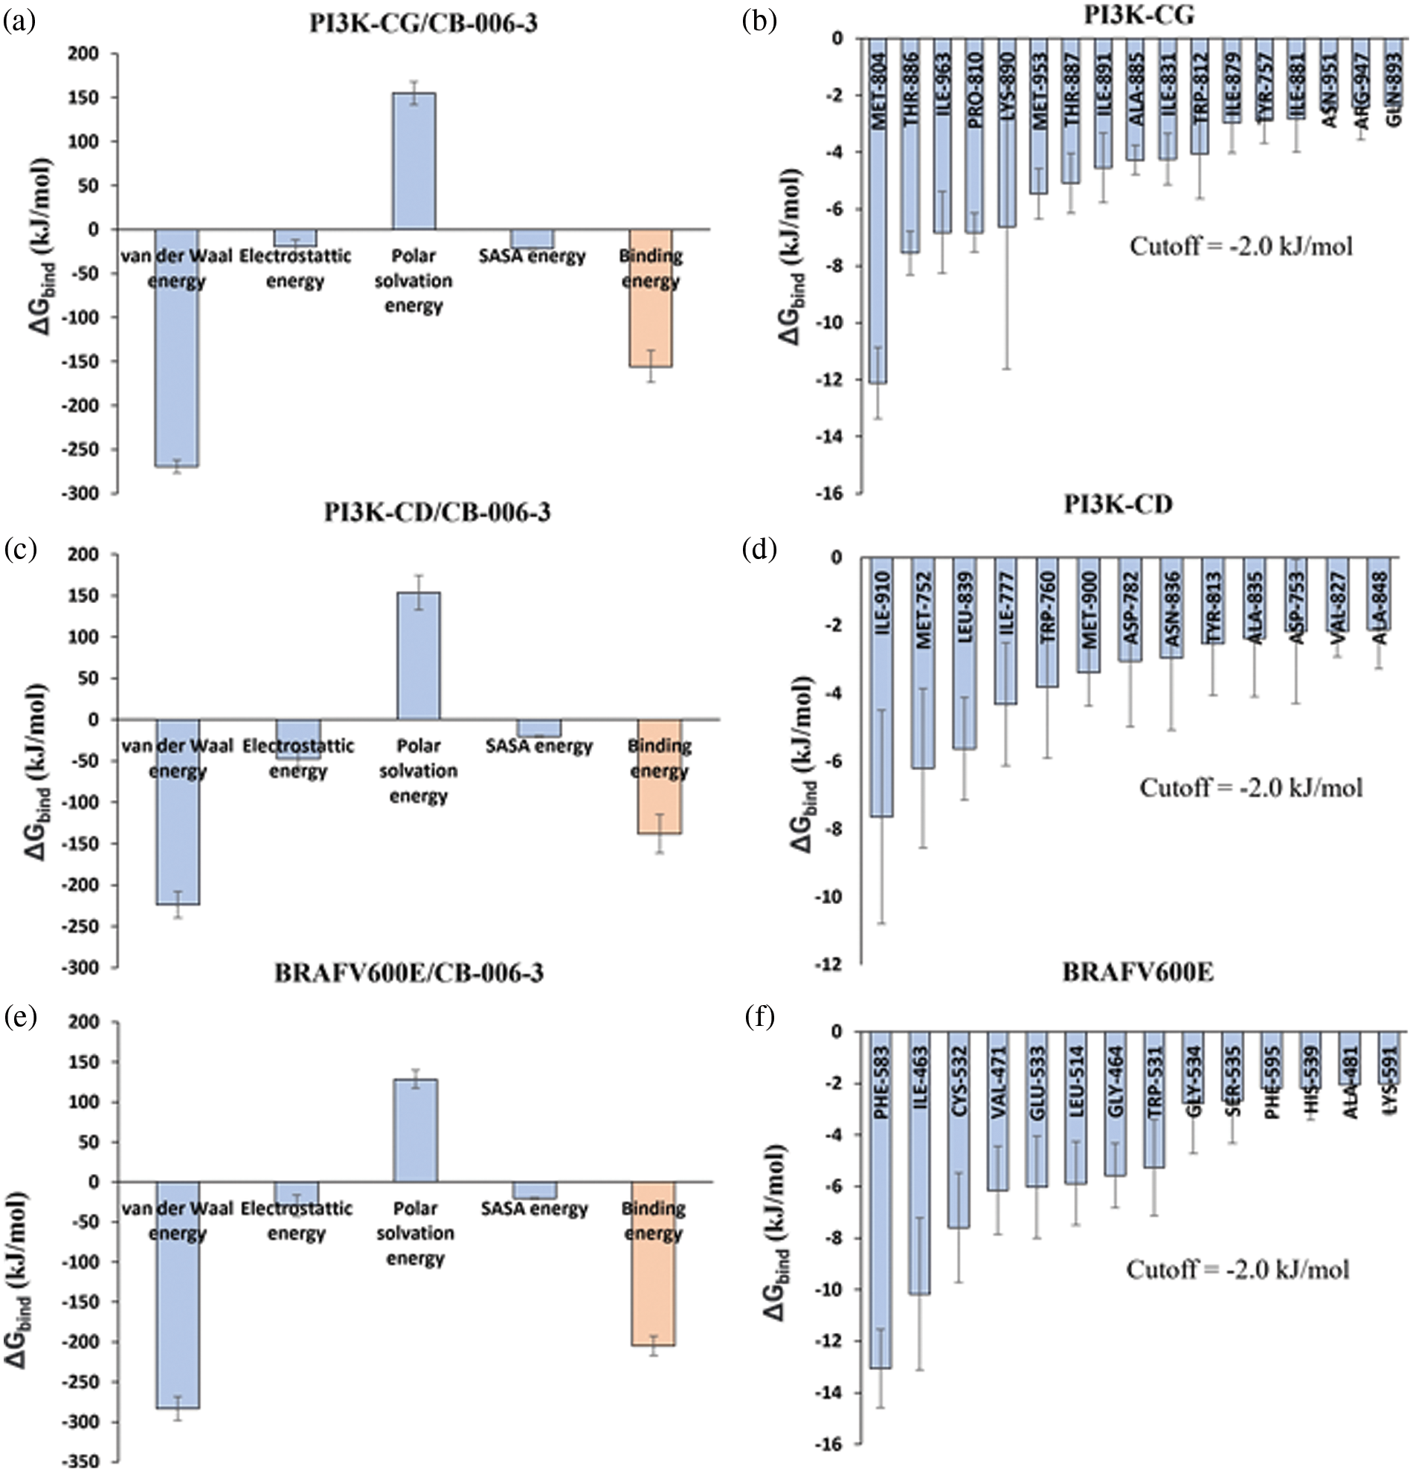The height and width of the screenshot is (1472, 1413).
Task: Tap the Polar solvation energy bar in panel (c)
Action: [x=419, y=655]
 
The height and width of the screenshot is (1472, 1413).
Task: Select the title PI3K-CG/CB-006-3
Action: [x=424, y=23]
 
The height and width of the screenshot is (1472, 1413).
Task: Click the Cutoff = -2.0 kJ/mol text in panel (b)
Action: [x=1241, y=246]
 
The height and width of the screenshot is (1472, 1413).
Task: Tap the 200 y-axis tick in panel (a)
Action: [x=85, y=54]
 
